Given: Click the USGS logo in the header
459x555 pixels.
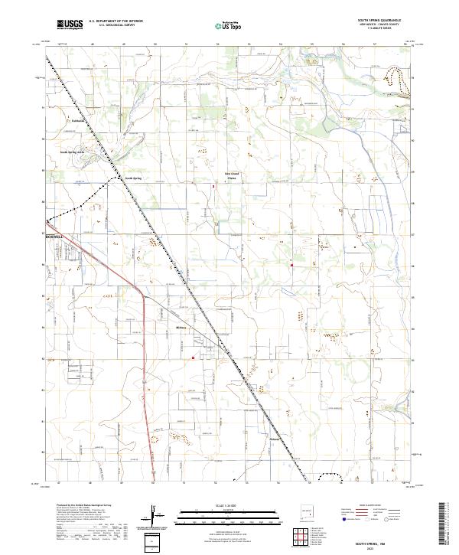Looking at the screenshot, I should (70, 24).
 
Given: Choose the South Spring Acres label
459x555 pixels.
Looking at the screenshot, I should (74, 152).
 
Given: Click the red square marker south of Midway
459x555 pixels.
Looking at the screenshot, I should (193, 357).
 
